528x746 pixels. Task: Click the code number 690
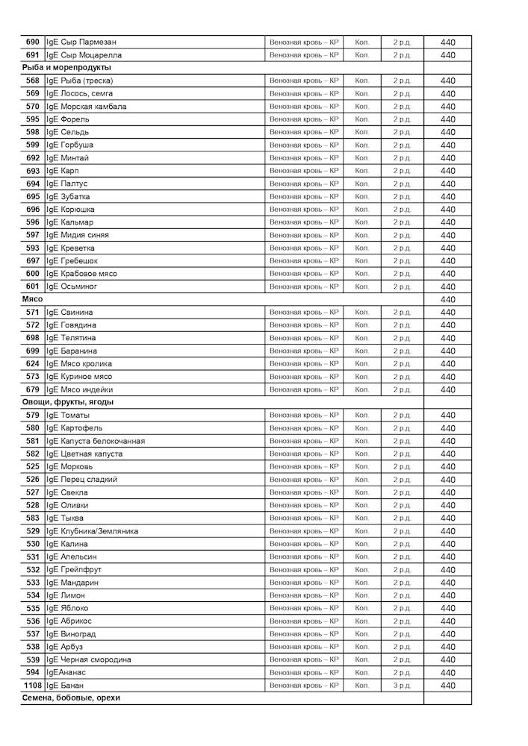[32, 43]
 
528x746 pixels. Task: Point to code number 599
[32, 145]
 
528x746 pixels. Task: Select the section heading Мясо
[32, 299]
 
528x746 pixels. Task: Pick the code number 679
[32, 389]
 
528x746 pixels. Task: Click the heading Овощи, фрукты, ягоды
[67, 402]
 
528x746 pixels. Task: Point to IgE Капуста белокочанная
[96, 441]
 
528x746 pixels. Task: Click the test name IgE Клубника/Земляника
[92, 531]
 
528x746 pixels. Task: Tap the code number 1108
[32, 686]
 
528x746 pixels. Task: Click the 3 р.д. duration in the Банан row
[402, 686]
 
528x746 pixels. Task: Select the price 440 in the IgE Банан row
[447, 686]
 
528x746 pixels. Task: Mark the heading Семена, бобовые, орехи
[70, 698]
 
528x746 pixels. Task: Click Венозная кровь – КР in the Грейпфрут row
[304, 570]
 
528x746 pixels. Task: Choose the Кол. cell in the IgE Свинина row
[361, 312]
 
